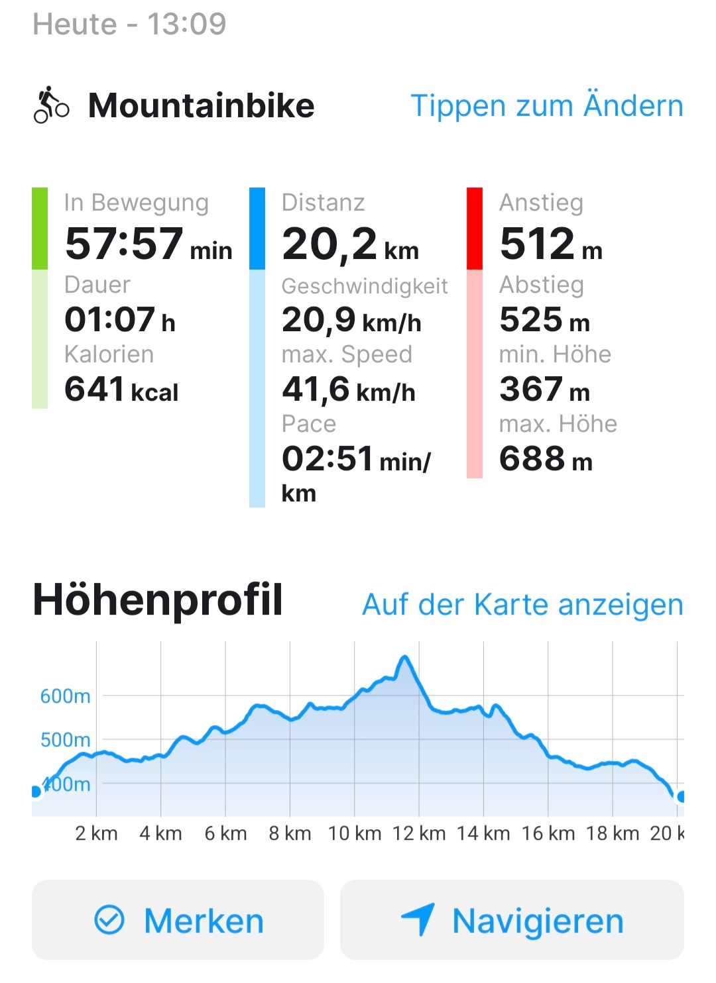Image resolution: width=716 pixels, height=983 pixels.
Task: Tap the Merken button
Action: tap(178, 920)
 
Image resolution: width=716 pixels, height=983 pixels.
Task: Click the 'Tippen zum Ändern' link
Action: tap(546, 106)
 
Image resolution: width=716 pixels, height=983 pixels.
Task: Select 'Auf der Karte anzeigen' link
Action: tap(522, 605)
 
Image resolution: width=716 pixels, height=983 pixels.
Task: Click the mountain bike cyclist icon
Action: tap(51, 105)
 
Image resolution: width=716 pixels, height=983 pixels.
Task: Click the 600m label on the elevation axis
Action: tap(65, 696)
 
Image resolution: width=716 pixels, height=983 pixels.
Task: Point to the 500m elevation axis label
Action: tap(65, 740)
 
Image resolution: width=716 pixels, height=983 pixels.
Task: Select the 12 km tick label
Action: tap(419, 833)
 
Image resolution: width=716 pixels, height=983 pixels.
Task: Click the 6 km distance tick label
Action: tap(225, 833)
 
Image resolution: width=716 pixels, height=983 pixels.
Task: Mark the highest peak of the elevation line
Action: tap(404, 657)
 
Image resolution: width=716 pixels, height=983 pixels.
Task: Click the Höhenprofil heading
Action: tap(158, 600)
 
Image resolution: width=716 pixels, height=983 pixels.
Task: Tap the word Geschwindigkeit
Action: tap(365, 286)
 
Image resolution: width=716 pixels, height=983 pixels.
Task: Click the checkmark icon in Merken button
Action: tap(109, 920)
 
